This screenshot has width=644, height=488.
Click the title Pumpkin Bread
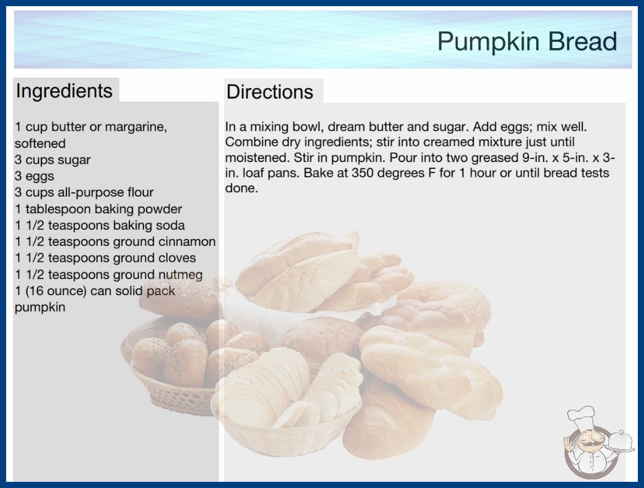tap(527, 41)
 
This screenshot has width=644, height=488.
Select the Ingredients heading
tap(64, 91)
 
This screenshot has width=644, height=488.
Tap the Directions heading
tap(270, 92)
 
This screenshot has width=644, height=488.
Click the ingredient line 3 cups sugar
tap(52, 160)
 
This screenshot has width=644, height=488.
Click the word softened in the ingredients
tap(40, 143)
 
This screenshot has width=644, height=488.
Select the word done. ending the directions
tap(241, 188)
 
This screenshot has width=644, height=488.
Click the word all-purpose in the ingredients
tap(94, 192)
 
